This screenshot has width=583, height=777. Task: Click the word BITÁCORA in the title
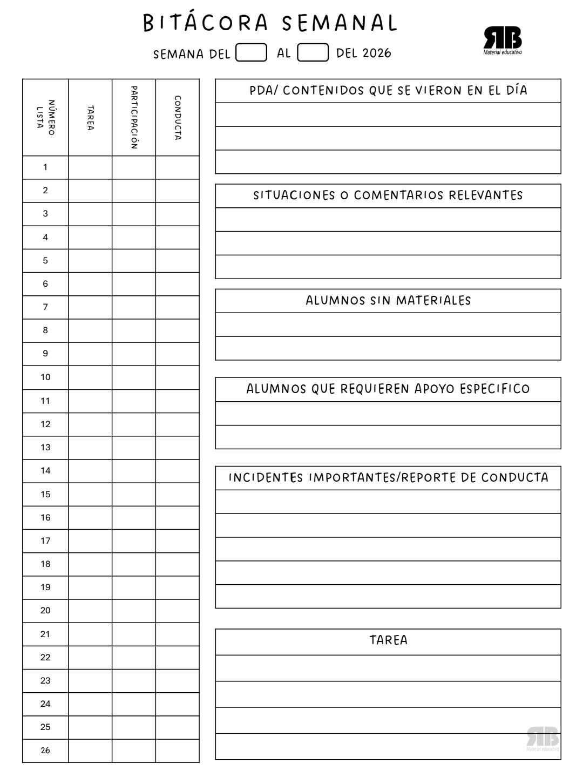206,23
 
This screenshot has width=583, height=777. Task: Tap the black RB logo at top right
503,39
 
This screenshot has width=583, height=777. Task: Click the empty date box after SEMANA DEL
252,53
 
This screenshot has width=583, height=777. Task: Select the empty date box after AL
313,53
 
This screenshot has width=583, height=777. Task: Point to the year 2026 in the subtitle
377,53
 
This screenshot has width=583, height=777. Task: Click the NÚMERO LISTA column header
45,117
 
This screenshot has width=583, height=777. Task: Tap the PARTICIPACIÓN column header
134,117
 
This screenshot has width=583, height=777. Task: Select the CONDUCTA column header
178,117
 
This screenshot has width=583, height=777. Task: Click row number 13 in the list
45,448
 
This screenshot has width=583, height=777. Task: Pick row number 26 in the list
45,751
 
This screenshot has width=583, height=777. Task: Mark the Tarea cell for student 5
90,261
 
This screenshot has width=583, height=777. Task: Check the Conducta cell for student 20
178,611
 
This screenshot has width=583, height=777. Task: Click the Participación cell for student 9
134,354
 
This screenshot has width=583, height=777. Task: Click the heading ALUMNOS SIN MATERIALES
388,301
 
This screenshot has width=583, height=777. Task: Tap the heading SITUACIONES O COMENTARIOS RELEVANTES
388,195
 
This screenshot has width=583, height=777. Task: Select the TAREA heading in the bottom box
388,640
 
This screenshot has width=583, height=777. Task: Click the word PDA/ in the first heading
263,91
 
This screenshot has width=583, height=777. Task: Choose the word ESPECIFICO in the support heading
494,389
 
